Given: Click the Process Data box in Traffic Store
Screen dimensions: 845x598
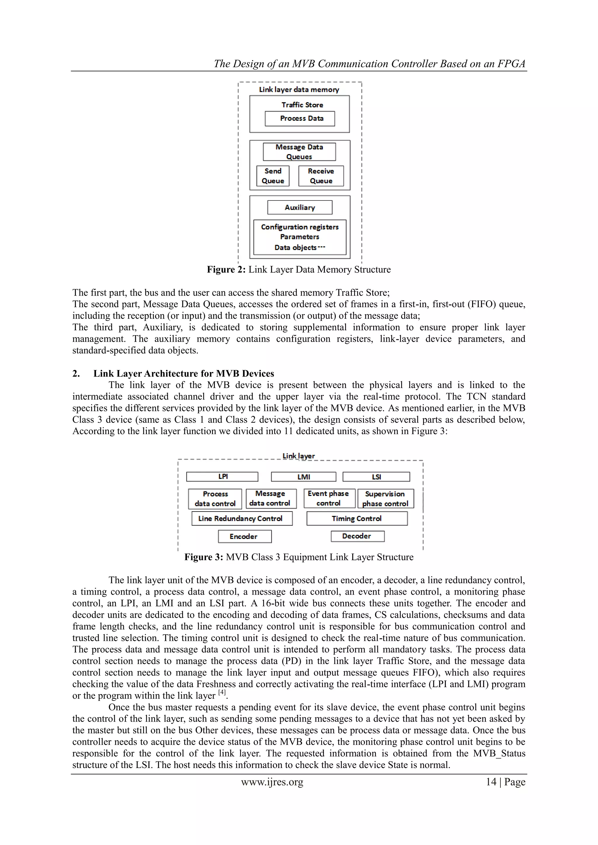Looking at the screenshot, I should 300,118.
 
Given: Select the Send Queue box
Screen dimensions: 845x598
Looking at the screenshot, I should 273,176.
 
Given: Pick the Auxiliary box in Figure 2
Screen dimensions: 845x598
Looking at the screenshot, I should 300,207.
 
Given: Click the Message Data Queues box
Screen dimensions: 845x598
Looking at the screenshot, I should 299,152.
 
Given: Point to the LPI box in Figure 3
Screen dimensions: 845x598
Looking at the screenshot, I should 222,476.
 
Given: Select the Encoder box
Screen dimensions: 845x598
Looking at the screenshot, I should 245,536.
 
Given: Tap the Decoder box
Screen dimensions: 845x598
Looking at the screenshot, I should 358,536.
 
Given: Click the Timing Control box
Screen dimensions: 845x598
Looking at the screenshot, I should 357,518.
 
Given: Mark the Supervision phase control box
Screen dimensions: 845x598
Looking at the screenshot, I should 385,499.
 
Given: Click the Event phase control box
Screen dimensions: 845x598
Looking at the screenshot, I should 329,498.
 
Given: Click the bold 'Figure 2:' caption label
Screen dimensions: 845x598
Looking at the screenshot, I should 226,270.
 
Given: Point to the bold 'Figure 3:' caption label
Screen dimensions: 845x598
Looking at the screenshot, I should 204,557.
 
